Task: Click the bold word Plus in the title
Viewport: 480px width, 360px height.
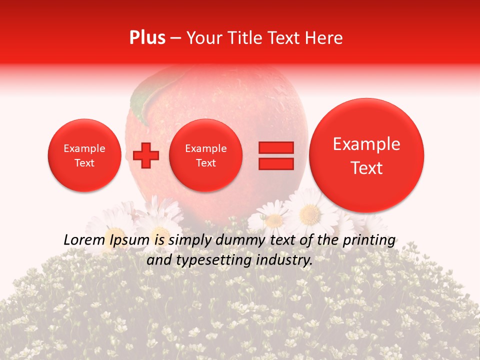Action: point(147,38)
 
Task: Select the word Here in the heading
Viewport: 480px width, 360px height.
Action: point(324,38)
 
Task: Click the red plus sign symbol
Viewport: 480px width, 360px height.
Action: point(145,155)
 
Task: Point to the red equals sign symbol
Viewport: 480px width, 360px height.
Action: point(276,155)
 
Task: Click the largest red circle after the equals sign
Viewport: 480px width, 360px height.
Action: point(366,155)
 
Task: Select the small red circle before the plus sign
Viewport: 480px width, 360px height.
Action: point(84,155)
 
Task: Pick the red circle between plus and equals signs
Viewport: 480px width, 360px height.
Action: point(205,155)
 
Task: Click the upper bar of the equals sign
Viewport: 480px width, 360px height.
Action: point(276,147)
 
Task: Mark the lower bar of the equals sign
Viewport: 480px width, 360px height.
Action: point(276,163)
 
